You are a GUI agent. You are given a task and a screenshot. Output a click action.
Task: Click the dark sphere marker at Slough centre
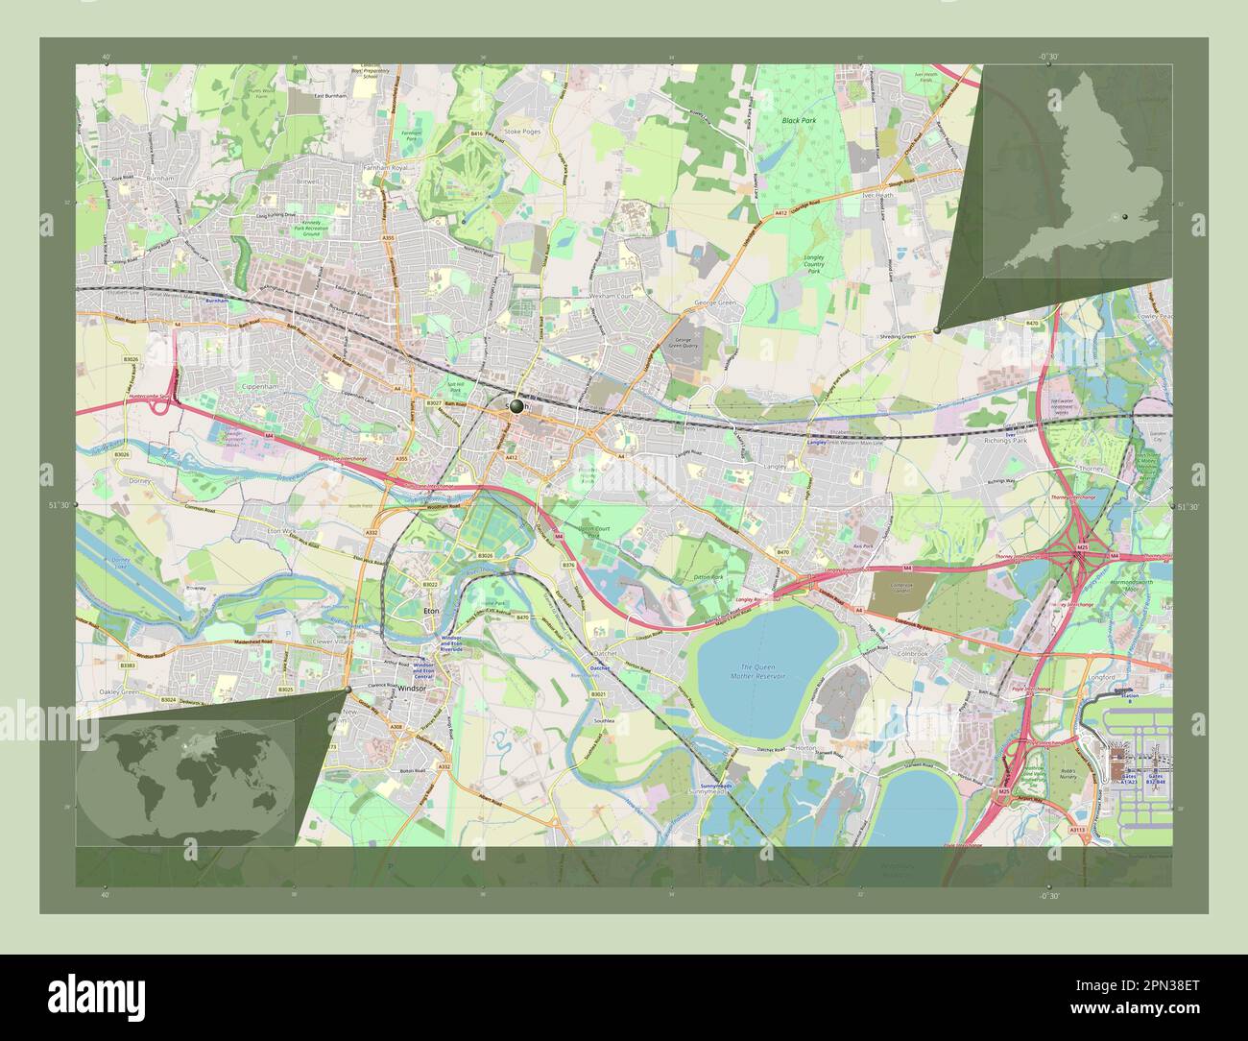516,407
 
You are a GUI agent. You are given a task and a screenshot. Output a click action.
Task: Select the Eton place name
431,610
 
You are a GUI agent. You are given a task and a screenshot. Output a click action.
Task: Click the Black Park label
797,121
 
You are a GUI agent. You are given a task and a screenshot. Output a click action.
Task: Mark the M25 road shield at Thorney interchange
1082,546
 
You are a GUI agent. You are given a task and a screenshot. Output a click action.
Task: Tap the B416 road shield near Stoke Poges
476,133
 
